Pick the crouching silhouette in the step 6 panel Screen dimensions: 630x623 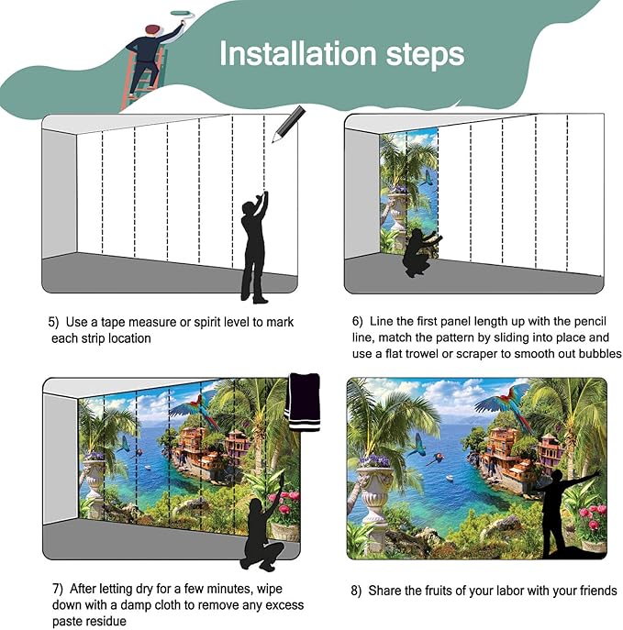pos(419,252)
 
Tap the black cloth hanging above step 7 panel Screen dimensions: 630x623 pos(303,401)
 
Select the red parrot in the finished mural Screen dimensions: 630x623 pos(504,404)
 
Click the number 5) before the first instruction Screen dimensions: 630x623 pos(53,323)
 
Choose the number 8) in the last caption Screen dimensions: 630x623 pos(357,591)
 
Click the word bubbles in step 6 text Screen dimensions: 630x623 pos(600,354)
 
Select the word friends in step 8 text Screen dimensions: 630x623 pos(595,591)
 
